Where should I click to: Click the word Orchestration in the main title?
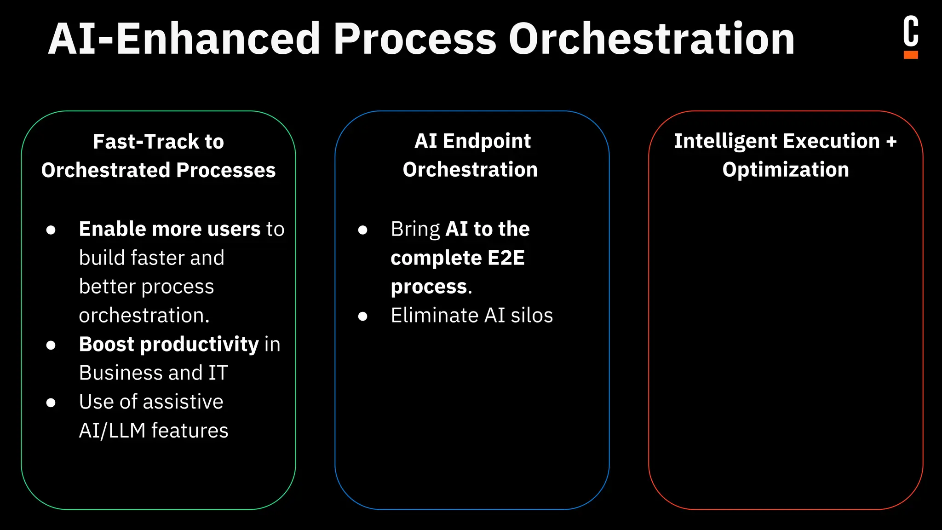click(x=651, y=39)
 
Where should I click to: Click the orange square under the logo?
click(x=911, y=55)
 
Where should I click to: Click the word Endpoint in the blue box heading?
click(x=487, y=141)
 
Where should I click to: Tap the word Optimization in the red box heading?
click(x=786, y=170)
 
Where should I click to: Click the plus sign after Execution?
click(x=891, y=142)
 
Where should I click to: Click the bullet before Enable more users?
click(x=51, y=230)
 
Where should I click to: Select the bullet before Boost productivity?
click(x=51, y=345)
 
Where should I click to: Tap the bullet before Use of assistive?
click(x=51, y=403)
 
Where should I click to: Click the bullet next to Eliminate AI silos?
click(x=363, y=316)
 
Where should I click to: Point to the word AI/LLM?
click(x=112, y=431)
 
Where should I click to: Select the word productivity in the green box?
click(x=199, y=345)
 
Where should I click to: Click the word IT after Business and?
click(x=218, y=373)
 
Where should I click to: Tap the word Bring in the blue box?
click(x=415, y=229)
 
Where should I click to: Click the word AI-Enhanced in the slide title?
click(x=184, y=39)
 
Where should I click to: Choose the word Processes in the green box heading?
click(x=226, y=171)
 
